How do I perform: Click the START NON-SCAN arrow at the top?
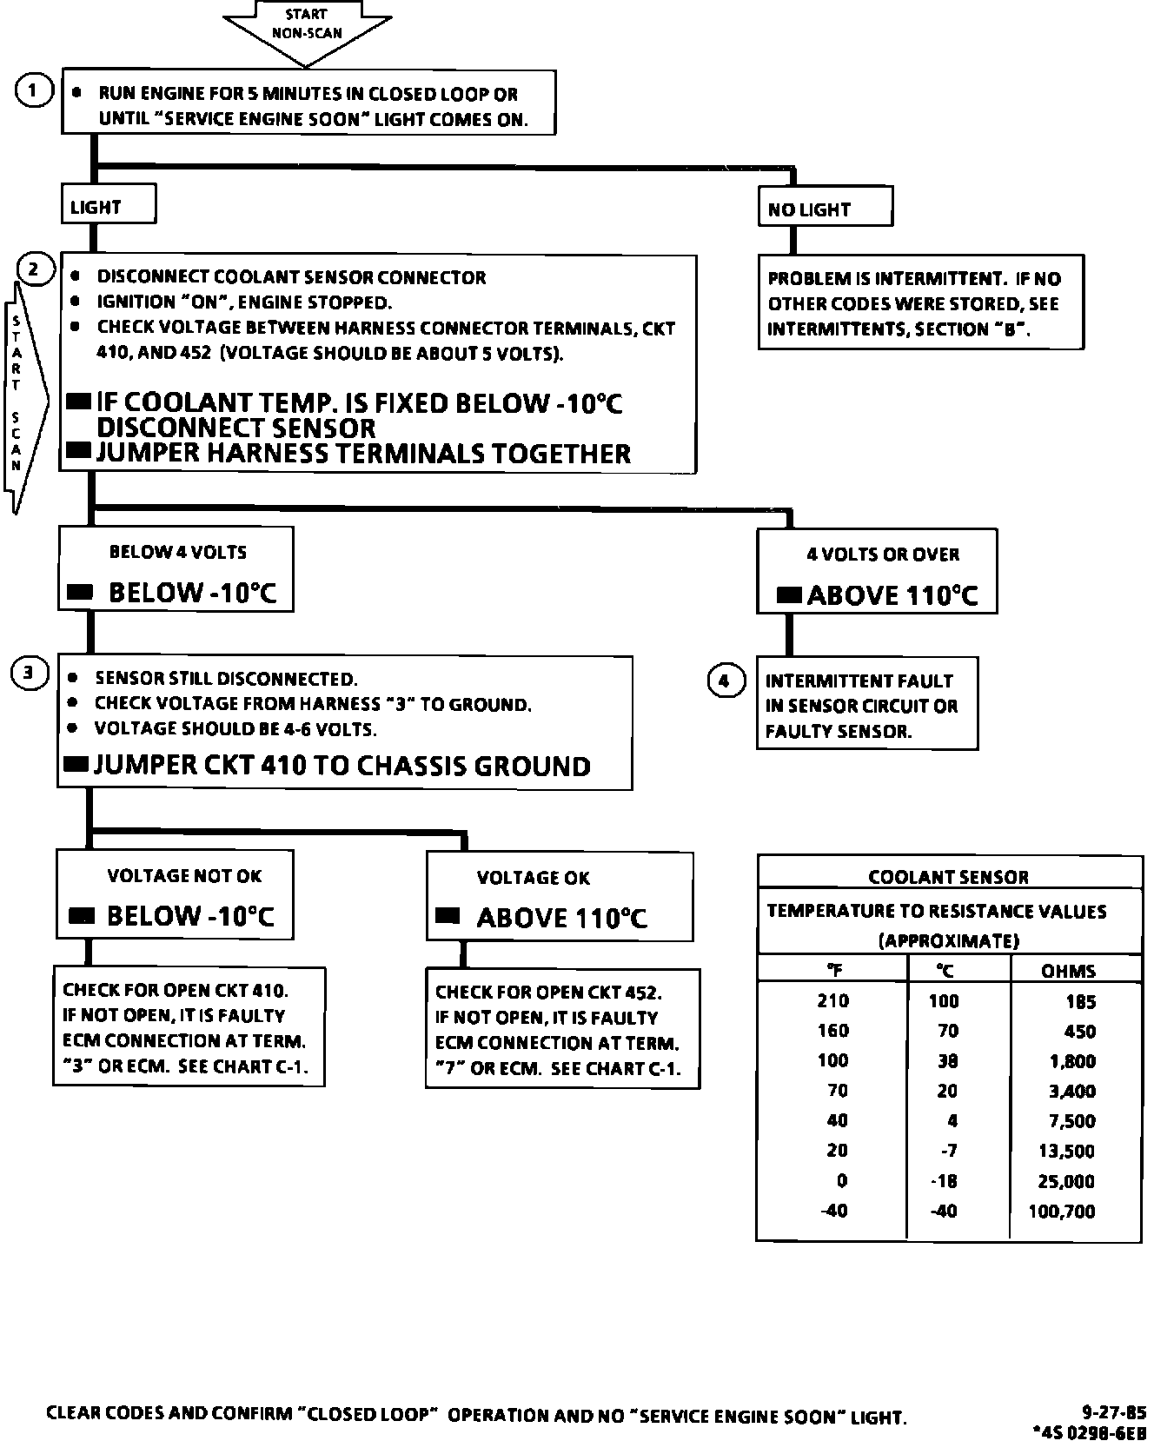[308, 26]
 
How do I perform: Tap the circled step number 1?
[34, 90]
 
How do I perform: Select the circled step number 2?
[34, 269]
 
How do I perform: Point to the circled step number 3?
[29, 673]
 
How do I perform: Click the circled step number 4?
[726, 681]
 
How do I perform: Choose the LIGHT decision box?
[109, 206]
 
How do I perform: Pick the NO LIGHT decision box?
[825, 209]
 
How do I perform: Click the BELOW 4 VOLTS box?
[176, 570]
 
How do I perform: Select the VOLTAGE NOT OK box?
[175, 895]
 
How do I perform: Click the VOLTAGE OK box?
[560, 897]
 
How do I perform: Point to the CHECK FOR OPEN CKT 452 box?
[562, 1029]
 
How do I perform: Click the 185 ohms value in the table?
[1080, 1002]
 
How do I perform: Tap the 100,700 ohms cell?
[1061, 1211]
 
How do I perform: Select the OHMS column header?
[1068, 971]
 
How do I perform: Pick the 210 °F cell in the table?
[832, 1000]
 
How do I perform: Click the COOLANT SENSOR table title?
[949, 877]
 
